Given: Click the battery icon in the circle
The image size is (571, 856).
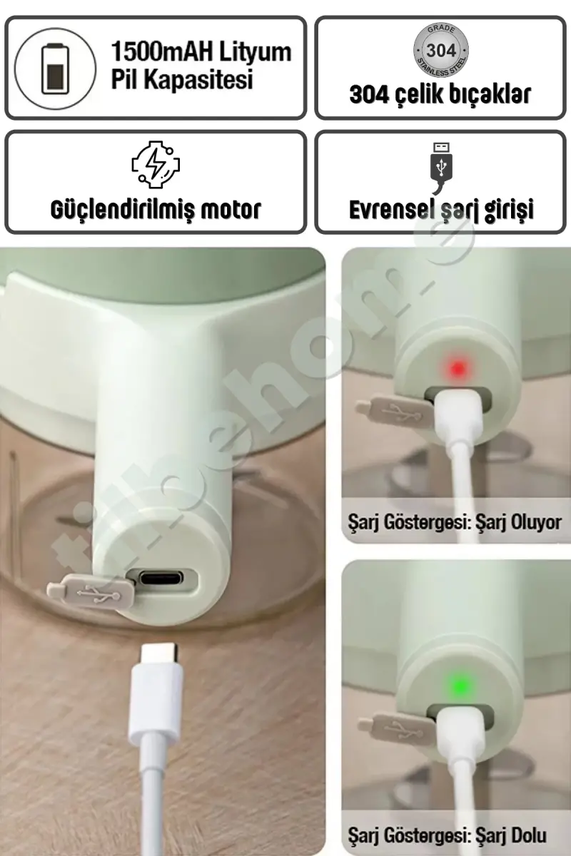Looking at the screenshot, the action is click(56, 68).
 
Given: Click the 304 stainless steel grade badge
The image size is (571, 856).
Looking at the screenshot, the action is click(441, 51).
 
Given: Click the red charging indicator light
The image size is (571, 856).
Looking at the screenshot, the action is click(458, 368).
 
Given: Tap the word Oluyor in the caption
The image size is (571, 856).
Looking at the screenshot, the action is click(537, 522).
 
